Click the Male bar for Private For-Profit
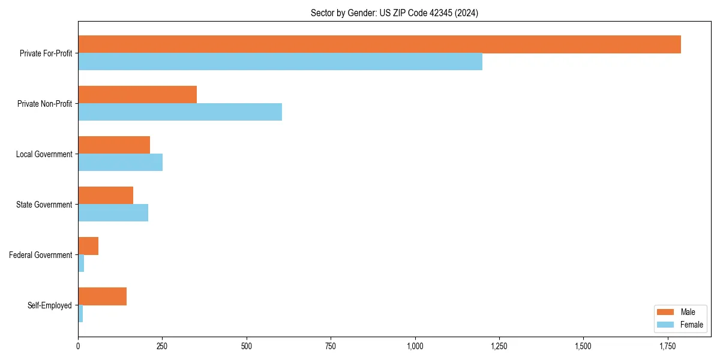379,44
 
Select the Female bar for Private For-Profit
280,62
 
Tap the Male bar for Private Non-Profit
137,95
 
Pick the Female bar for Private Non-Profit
180,112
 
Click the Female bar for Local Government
120,163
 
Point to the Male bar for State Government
106,196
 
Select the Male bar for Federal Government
88,246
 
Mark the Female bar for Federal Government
81,263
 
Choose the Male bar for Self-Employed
102,296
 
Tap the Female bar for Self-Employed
80,314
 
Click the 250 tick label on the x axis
162,346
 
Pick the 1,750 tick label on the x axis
667,346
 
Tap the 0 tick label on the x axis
78,346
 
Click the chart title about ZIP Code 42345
394,13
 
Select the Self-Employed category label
50,305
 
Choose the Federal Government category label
41,255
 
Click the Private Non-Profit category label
46,104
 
